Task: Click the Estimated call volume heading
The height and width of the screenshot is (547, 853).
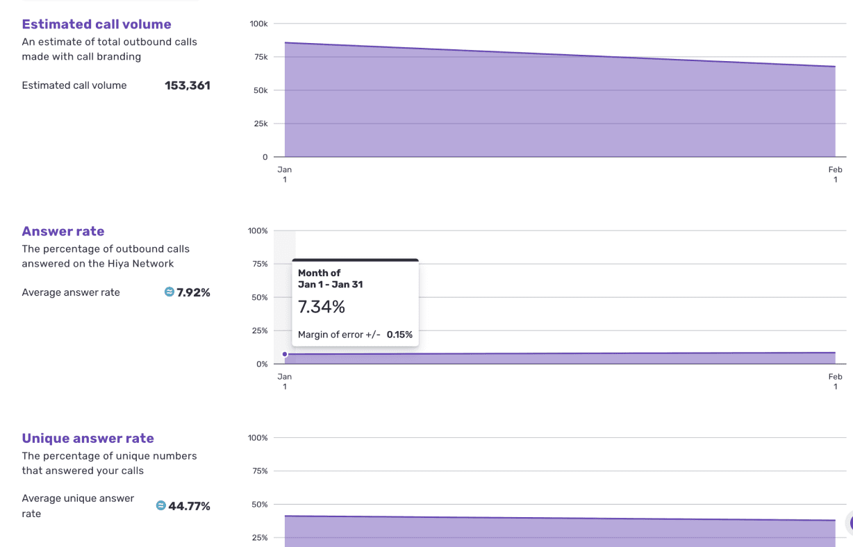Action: point(97,24)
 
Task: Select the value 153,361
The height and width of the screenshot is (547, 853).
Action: point(188,85)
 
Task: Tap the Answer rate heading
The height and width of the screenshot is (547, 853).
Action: point(63,231)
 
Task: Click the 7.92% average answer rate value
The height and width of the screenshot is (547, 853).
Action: point(193,292)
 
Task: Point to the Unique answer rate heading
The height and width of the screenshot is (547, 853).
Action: point(88,438)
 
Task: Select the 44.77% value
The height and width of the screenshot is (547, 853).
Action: point(189,506)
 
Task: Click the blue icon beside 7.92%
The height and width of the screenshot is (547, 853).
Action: point(169,292)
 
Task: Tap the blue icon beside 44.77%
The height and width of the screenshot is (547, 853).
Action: point(160,505)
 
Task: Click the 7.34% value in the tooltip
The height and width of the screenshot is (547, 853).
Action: point(322,307)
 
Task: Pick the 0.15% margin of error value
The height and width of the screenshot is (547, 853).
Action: point(399,335)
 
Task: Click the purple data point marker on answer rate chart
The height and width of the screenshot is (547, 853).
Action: point(285,354)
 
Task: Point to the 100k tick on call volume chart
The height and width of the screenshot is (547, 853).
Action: point(258,24)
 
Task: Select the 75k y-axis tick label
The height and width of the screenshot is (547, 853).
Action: point(261,57)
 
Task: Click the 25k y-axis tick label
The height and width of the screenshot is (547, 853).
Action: point(261,124)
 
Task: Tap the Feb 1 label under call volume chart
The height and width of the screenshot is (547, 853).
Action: point(835,174)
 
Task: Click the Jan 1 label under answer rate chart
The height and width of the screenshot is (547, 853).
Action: point(285,381)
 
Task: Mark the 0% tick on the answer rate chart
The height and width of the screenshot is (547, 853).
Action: point(262,364)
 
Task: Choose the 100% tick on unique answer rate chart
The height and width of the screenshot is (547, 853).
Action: point(258,438)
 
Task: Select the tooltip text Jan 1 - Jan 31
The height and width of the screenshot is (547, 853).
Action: point(330,285)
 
